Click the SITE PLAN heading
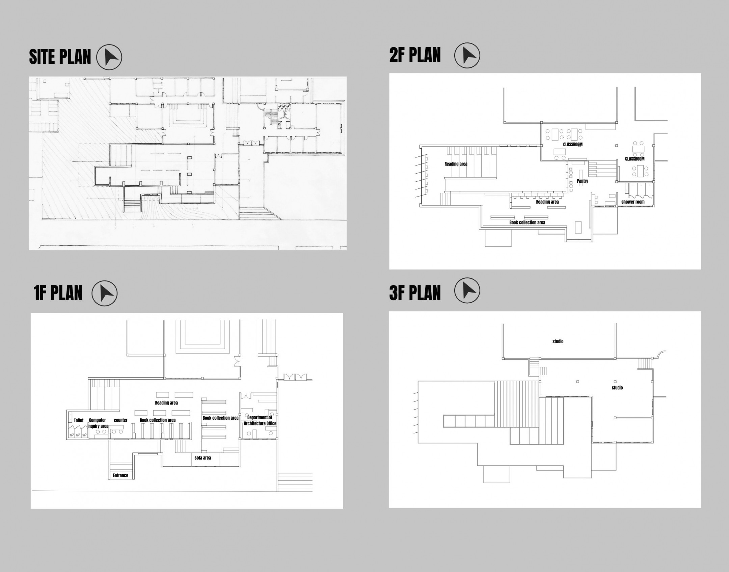(x=60, y=57)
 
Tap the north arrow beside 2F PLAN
(x=467, y=55)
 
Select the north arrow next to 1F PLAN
(x=105, y=293)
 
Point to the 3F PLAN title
(x=415, y=293)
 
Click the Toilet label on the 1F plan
(x=79, y=420)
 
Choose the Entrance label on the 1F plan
(x=120, y=475)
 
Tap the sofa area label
(x=203, y=458)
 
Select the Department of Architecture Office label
(x=260, y=420)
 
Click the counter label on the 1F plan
(x=120, y=420)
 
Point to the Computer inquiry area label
(x=98, y=423)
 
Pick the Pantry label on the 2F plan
(x=583, y=181)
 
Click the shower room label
(x=633, y=202)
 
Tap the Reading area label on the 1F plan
(x=166, y=402)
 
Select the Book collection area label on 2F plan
(x=527, y=222)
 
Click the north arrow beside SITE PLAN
(x=109, y=57)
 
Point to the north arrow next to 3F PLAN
(x=467, y=291)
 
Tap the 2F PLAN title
(x=415, y=55)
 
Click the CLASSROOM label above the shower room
(x=634, y=159)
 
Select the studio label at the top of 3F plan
(x=558, y=341)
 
